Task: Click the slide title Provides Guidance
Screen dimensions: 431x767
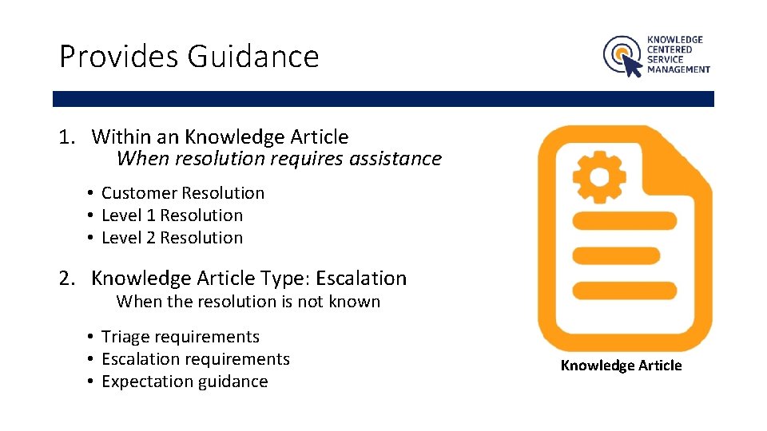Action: coord(189,57)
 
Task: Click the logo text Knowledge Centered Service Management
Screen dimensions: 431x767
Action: coord(678,54)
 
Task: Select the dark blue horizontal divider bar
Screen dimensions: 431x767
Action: coord(383,99)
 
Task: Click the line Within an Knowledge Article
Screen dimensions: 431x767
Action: coord(220,137)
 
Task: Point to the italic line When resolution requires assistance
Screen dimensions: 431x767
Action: coord(279,159)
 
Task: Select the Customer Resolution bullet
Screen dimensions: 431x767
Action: coord(183,193)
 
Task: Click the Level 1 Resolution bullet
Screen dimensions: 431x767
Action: coord(172,215)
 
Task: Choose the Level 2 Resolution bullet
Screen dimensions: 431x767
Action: coord(172,238)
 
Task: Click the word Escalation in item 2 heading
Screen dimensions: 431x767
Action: coord(361,279)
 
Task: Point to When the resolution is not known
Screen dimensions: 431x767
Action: coord(248,302)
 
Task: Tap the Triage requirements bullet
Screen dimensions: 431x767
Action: coord(181,337)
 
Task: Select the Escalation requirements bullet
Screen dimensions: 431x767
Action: coord(196,359)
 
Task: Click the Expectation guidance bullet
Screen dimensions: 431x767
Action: coord(185,382)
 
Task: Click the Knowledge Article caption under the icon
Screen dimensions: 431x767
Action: coord(621,366)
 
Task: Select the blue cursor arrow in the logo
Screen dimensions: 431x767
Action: coord(632,65)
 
